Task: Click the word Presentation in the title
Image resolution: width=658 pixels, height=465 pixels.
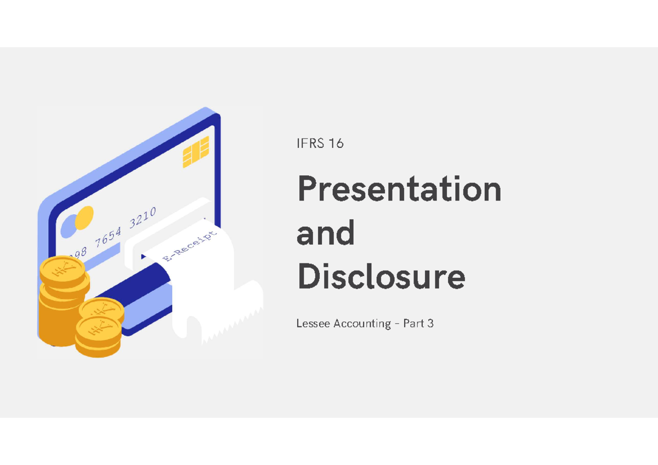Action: point(399,190)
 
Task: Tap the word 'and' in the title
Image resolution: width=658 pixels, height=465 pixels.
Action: point(325,233)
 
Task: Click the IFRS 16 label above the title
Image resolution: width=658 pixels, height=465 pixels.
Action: point(320,143)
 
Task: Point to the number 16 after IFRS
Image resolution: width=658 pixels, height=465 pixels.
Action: point(336,143)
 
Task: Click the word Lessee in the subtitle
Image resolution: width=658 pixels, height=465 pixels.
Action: point(313,324)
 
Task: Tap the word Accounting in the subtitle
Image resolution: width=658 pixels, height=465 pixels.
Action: point(362,324)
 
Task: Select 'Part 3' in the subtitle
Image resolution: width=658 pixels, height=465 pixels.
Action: point(418,324)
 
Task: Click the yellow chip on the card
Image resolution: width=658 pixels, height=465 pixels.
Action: point(196,152)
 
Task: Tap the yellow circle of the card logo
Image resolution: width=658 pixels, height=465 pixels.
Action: point(84,218)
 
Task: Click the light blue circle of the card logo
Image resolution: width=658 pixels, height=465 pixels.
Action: point(69,225)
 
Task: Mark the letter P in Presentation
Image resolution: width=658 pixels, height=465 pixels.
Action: point(308,190)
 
